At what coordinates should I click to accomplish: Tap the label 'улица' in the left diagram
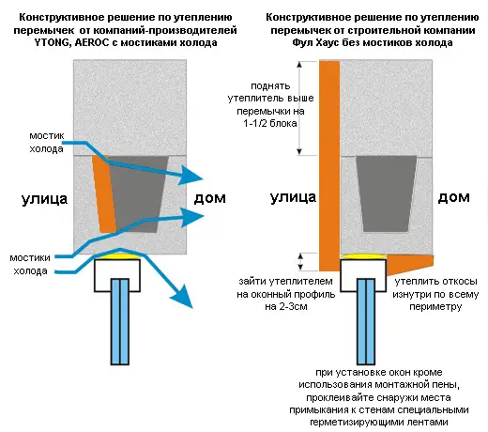click(44, 199)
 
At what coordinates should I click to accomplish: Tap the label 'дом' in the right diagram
click(453, 197)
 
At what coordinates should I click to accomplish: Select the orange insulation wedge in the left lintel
click(104, 194)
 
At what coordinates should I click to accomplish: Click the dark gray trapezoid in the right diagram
click(387, 194)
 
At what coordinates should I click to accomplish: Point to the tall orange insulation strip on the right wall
click(329, 166)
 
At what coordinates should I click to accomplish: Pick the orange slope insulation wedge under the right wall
click(410, 263)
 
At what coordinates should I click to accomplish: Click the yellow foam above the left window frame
click(117, 256)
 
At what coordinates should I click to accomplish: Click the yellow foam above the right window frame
click(363, 256)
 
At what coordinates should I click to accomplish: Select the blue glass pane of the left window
click(120, 321)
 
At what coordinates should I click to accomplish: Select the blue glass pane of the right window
click(366, 321)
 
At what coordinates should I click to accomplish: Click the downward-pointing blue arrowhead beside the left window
click(182, 297)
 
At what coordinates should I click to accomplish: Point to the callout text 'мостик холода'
click(47, 142)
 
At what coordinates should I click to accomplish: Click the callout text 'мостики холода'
click(30, 264)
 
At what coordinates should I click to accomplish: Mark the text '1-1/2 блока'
click(270, 123)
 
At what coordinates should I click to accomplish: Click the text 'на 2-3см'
click(286, 306)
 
